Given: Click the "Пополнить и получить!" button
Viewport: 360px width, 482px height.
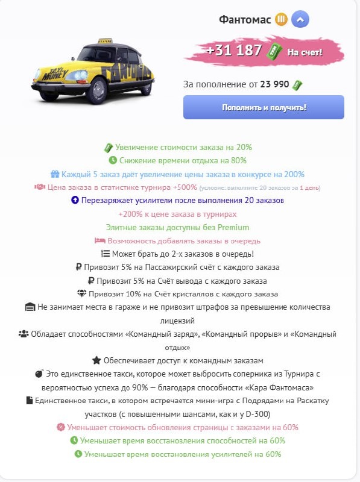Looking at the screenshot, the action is click(264, 107).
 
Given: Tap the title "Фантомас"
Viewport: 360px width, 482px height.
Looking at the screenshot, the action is click(245, 20).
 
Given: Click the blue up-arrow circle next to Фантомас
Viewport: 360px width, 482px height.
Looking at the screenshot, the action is click(300, 20).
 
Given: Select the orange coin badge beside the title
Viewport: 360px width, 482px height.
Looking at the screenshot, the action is click(280, 20).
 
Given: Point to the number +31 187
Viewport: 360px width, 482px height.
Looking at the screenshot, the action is click(234, 51).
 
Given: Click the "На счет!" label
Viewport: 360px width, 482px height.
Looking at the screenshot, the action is click(305, 52).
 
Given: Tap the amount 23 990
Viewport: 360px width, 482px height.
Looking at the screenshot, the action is click(275, 84).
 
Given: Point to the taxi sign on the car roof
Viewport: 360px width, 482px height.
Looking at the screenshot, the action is click(104, 41).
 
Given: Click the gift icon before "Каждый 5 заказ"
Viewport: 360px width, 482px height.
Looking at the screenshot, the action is click(55, 174).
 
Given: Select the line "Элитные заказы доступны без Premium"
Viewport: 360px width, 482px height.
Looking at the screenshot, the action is click(177, 227).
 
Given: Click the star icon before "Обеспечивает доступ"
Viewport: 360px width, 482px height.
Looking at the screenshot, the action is click(96, 360).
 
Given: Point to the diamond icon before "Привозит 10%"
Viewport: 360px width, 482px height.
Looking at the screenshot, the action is click(83, 293).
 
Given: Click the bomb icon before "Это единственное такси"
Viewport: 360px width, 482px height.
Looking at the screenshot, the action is click(39, 374).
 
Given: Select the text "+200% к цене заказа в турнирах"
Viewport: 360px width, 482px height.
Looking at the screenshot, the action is click(177, 214).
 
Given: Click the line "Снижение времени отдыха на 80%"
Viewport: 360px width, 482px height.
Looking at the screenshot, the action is click(177, 160).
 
